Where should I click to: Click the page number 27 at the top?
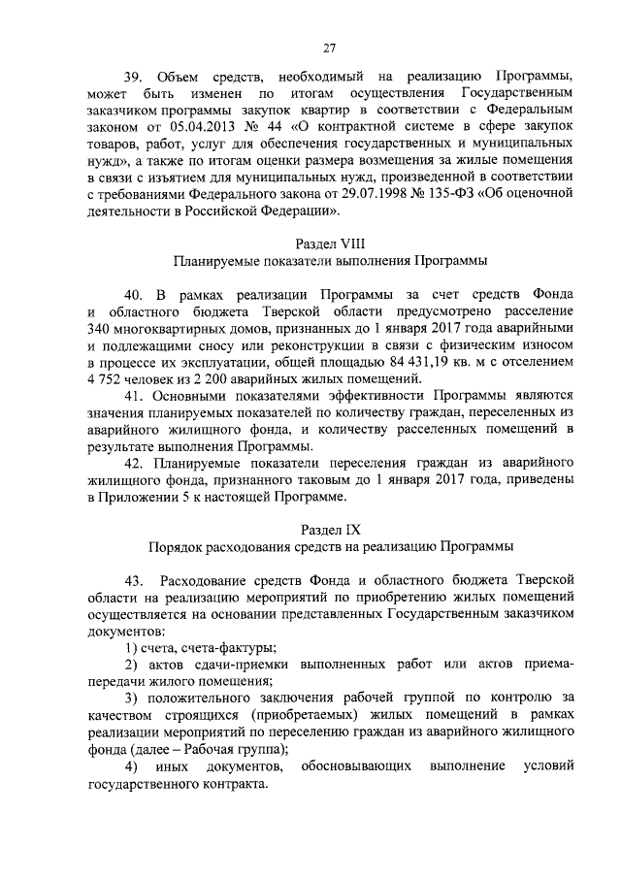[330, 48]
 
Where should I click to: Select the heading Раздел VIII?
[330, 243]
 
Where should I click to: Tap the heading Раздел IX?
[330, 528]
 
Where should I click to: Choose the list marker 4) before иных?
[131, 767]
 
